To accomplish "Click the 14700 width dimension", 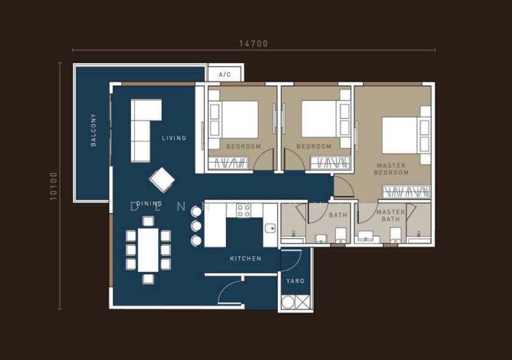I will pyautogui.click(x=253, y=44).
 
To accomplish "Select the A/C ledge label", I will pyautogui.click(x=225, y=75).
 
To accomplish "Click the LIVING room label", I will pyautogui.click(x=174, y=138).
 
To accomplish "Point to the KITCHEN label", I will pyautogui.click(x=246, y=259).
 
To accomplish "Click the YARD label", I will pyautogui.click(x=296, y=281).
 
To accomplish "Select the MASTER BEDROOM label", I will pyautogui.click(x=391, y=169).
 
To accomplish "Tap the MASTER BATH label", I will pyautogui.click(x=390, y=216).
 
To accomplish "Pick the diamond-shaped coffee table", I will pyautogui.click(x=161, y=180).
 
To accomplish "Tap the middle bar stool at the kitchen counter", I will pyautogui.click(x=196, y=226).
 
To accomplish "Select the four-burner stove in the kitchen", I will pyautogui.click(x=244, y=211).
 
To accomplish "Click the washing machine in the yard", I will pyautogui.click(x=289, y=302).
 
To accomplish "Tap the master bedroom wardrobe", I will pyautogui.click(x=406, y=191).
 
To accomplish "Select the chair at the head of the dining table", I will pyautogui.click(x=148, y=221).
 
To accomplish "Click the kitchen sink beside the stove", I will pyautogui.click(x=270, y=227).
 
